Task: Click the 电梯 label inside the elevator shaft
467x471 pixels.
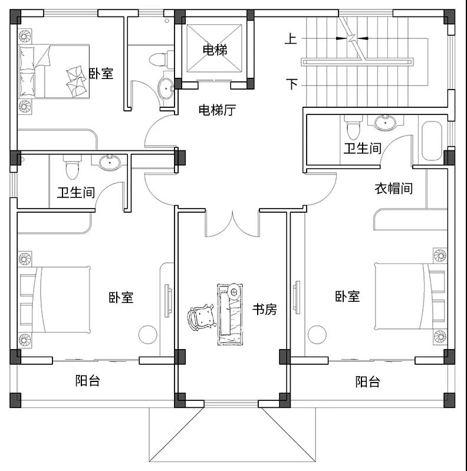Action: click(215, 50)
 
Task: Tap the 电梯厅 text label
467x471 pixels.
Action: click(216, 110)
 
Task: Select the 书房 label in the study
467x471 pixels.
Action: click(264, 309)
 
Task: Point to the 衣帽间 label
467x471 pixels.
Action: click(393, 189)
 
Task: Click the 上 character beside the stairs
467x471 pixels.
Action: click(291, 39)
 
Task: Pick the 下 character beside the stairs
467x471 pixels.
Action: click(291, 84)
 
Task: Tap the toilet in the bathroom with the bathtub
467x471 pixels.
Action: click(354, 127)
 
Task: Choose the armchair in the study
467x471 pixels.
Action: click(202, 319)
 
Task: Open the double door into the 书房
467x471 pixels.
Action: click(232, 223)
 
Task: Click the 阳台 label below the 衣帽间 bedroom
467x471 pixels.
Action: click(367, 381)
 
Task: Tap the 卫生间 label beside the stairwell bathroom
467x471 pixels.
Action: click(363, 148)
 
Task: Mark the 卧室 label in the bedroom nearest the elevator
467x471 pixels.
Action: click(101, 74)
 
